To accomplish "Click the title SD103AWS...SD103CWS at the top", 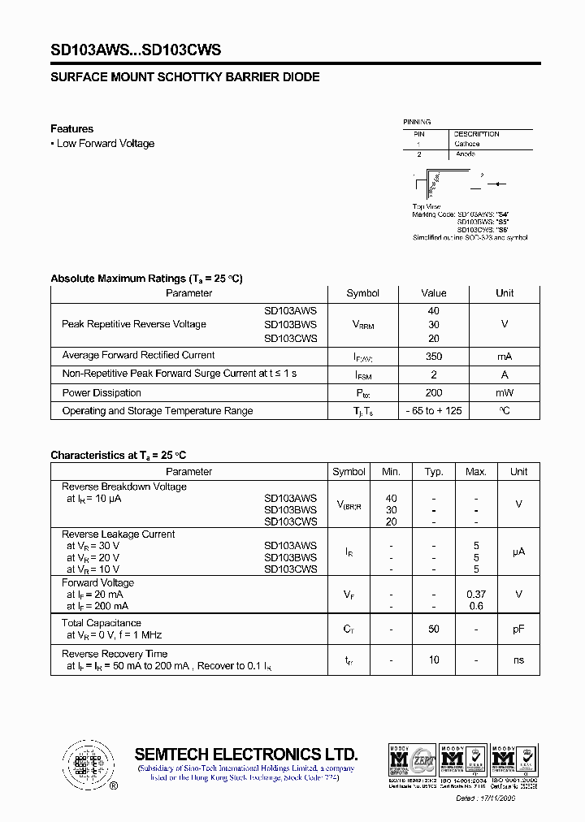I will (136, 50).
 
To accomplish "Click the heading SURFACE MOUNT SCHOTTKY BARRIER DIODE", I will (185, 77).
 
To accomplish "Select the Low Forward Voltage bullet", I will (105, 144).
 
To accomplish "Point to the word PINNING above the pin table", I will (417, 122).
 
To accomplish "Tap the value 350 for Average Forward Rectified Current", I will (433, 356).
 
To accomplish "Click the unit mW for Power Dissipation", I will (505, 393).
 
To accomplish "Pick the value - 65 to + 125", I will (434, 411).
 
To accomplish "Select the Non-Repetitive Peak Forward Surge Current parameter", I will (180, 374).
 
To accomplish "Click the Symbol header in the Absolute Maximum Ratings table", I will (362, 293).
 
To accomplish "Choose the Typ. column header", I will (434, 472).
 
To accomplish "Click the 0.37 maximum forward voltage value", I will (476, 595).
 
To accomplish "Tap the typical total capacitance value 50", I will (434, 629).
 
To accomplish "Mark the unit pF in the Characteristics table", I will (518, 629).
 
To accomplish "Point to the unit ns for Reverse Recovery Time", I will (518, 660).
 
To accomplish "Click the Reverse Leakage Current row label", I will (119, 534).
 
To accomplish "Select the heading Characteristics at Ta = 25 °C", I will (119, 456).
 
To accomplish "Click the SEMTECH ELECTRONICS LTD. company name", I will (245, 754).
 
